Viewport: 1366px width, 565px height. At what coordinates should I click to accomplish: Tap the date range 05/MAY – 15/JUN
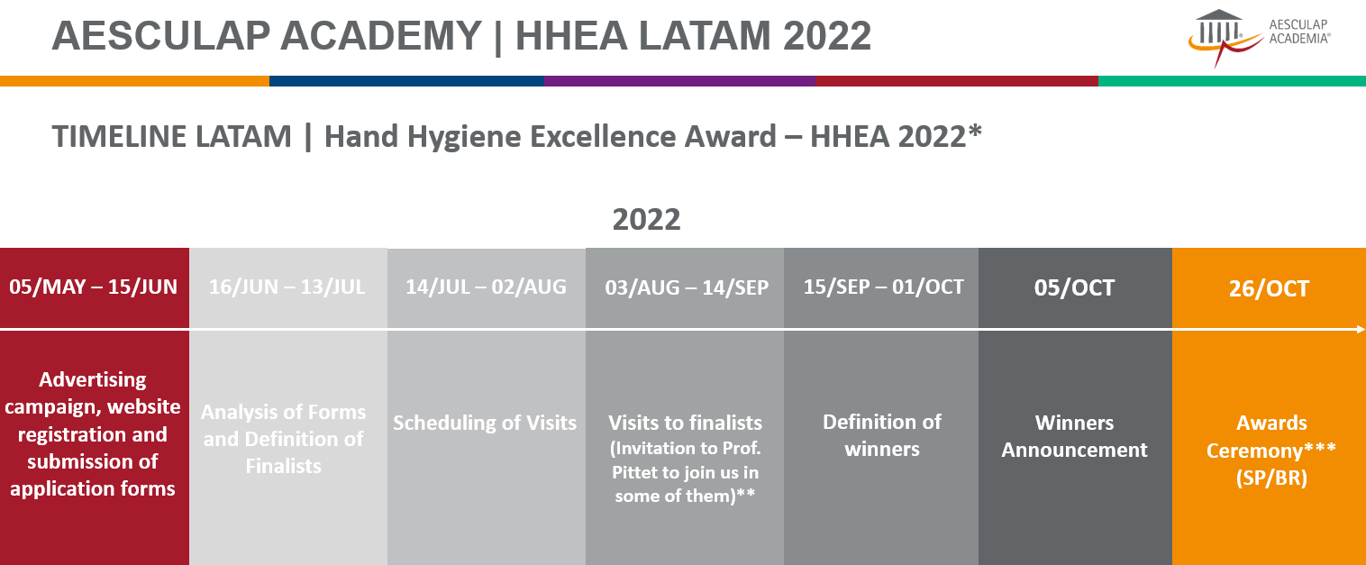click(94, 287)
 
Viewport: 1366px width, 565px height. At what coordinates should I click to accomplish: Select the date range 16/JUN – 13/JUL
click(287, 287)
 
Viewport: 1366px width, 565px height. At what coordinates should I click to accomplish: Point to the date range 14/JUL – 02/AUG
click(486, 287)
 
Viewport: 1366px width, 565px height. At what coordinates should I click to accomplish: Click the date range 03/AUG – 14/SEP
click(687, 287)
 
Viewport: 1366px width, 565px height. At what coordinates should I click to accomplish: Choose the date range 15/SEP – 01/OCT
click(884, 287)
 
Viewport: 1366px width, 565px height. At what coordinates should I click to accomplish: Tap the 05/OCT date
click(1074, 288)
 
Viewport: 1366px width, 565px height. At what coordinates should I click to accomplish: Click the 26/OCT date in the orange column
click(1269, 288)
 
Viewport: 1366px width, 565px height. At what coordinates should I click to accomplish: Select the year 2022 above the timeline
click(646, 220)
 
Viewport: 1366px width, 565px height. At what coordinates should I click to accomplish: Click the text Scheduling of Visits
click(485, 423)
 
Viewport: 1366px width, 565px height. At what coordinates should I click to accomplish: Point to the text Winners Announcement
click(1074, 436)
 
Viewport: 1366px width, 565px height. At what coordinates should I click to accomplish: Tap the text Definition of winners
click(882, 435)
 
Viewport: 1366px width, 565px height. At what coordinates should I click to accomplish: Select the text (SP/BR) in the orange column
click(1271, 478)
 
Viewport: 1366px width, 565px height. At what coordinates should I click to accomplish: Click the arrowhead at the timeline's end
click(1361, 330)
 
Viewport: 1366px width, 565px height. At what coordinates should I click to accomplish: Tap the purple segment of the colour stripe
click(680, 81)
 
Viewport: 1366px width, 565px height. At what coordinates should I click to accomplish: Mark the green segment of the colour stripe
click(1232, 81)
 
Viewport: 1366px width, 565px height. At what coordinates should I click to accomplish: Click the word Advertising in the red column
click(93, 380)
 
